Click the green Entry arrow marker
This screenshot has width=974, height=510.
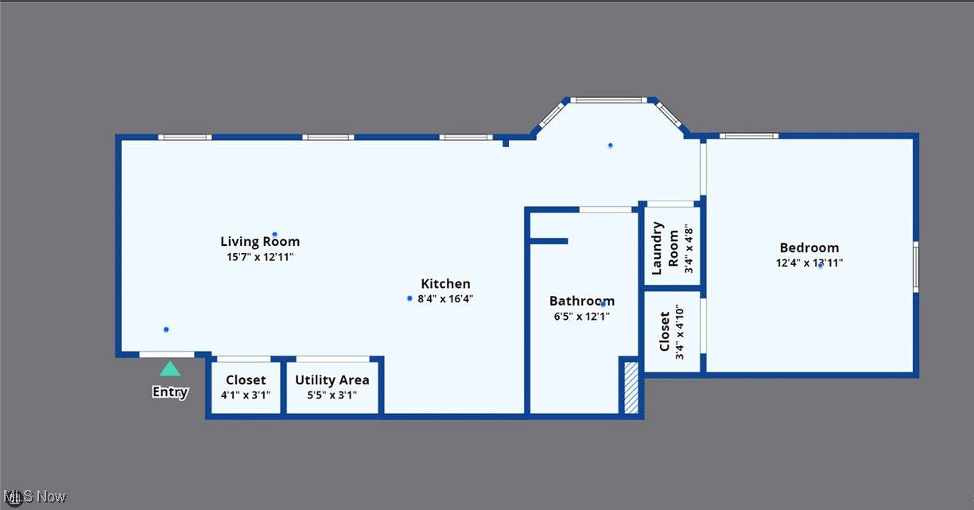pyautogui.click(x=170, y=368)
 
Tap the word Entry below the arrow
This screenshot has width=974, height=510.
pyautogui.click(x=170, y=391)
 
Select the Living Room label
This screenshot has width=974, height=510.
pyautogui.click(x=260, y=241)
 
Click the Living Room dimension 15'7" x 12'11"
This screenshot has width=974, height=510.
pyautogui.click(x=260, y=257)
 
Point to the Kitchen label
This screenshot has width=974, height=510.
pyautogui.click(x=445, y=283)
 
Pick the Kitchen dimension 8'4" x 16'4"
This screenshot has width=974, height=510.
pyautogui.click(x=445, y=299)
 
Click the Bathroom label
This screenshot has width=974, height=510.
pyautogui.click(x=581, y=301)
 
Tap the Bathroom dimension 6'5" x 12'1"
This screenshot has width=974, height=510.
pyautogui.click(x=581, y=317)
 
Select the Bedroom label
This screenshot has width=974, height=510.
pyautogui.click(x=809, y=247)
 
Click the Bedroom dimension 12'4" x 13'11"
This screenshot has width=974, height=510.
pyautogui.click(x=809, y=263)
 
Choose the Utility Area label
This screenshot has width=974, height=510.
pyautogui.click(x=332, y=380)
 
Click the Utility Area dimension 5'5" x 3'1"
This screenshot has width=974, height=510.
pyautogui.click(x=332, y=395)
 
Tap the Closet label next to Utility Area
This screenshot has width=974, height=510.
pyautogui.click(x=246, y=380)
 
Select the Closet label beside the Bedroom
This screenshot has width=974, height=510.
pyautogui.click(x=666, y=332)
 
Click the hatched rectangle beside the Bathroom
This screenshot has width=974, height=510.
pyautogui.click(x=631, y=387)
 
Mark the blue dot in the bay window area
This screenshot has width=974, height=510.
pyautogui.click(x=611, y=145)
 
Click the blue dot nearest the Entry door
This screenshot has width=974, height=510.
pyautogui.click(x=166, y=329)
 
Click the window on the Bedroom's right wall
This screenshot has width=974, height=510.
pyautogui.click(x=915, y=267)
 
